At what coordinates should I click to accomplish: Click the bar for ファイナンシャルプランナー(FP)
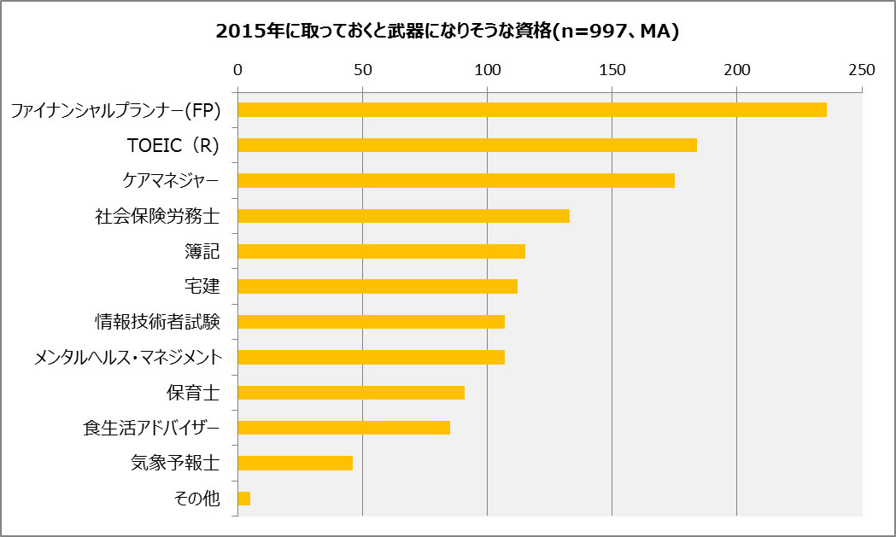pos(531,109)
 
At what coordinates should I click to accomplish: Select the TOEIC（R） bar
pos(466,145)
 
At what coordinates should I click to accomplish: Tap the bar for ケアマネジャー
pos(455,180)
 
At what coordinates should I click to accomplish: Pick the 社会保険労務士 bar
pos(403,216)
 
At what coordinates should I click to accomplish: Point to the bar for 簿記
pos(381,251)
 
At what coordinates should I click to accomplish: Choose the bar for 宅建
pos(377,287)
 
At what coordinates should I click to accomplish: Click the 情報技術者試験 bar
pos(371,322)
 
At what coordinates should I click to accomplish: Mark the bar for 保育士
pos(350,393)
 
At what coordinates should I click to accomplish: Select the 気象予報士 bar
pos(295,463)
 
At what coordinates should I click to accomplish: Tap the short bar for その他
pos(243,499)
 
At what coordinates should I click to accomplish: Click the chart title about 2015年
pos(448,32)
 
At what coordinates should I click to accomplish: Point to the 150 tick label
pos(612,69)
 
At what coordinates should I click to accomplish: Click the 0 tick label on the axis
pos(237,69)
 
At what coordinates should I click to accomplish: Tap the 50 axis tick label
pos(362,69)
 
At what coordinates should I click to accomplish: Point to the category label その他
pos(197,499)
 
